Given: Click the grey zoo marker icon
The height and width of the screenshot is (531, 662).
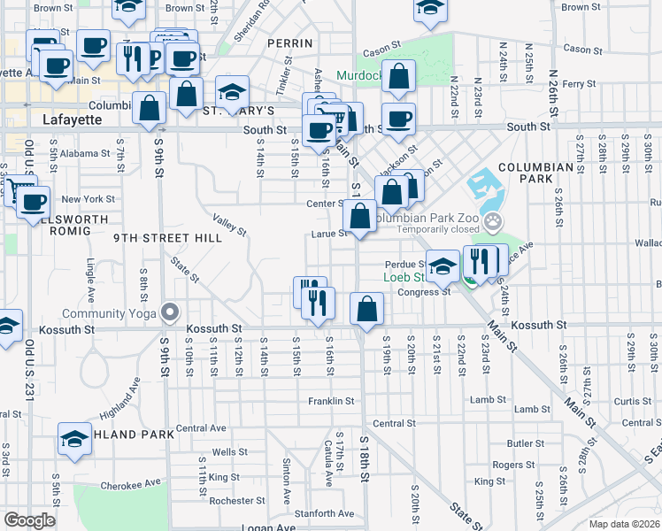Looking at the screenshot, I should [x=494, y=220].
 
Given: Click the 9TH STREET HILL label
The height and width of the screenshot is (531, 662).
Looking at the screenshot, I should [x=156, y=238].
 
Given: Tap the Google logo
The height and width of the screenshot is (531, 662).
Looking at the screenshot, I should [x=30, y=520].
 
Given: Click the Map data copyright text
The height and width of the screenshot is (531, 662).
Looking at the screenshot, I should [x=626, y=524].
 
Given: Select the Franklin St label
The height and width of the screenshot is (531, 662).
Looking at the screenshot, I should [x=331, y=401].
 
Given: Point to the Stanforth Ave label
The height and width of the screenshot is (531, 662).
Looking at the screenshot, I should [x=325, y=512].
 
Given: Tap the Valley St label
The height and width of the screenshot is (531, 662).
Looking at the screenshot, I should [x=228, y=224].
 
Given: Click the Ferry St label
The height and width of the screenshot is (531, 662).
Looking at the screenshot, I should [x=579, y=84].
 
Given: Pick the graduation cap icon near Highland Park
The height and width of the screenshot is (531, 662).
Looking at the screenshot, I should [x=75, y=438].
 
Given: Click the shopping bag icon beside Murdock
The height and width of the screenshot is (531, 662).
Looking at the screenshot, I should [x=400, y=77].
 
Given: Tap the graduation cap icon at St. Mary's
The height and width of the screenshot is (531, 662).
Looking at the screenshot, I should [x=232, y=91].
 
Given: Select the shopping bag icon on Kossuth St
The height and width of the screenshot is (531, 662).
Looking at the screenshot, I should [x=366, y=309].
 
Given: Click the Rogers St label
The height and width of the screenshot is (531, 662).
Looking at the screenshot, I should [x=514, y=465].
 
